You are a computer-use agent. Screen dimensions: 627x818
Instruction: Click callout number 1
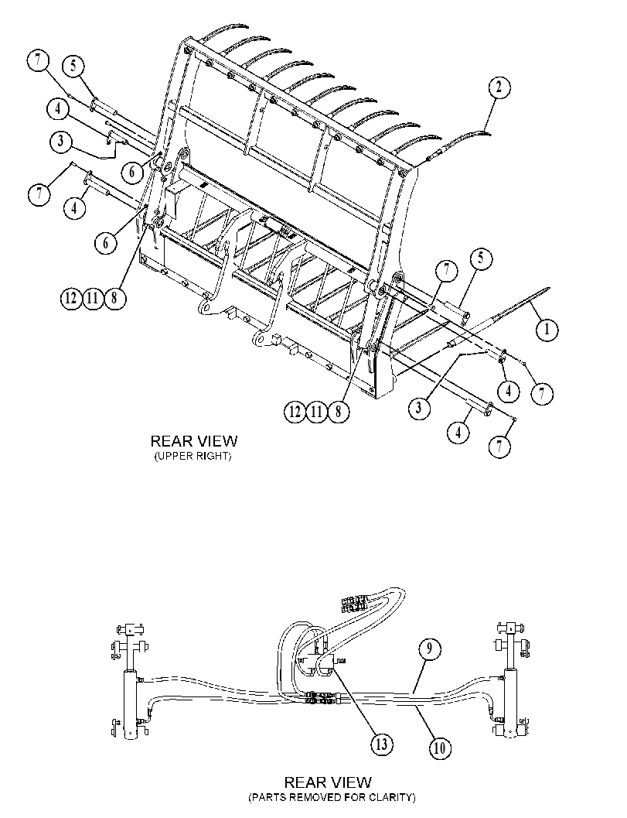[547, 329]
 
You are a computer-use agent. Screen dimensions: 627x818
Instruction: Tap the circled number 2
[499, 87]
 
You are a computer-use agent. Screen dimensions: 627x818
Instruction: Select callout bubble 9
[429, 650]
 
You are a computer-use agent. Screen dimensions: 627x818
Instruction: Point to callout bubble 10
[439, 748]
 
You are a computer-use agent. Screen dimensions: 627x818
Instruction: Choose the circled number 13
[382, 744]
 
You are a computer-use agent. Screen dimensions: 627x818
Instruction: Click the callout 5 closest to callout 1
[481, 259]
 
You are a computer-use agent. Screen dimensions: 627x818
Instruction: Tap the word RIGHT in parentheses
[213, 457]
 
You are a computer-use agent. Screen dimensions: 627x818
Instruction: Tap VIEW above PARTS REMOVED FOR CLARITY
[353, 782]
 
